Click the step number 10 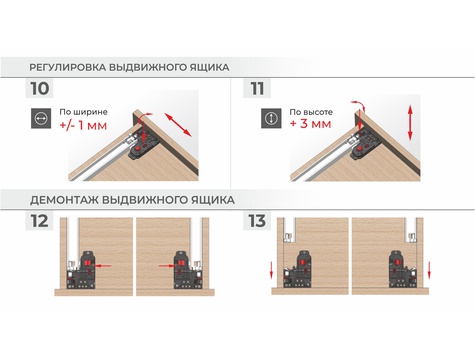pos(40,88)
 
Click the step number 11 pos(257,88)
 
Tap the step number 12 pos(40,221)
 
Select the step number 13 pos(257,221)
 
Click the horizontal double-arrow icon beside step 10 pos(41,118)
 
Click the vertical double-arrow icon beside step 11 pos(271,118)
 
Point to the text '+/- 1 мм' pos(83,126)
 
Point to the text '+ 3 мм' pos(311,124)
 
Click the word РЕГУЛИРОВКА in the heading pos(68,67)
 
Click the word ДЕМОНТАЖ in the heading pos(64,200)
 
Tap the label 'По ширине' pos(83,112)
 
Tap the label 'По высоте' pos(311,112)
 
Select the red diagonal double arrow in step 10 pos(178,125)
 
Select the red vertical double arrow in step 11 pos(410,122)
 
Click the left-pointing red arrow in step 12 pos(103,266)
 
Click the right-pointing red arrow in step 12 pos(167,266)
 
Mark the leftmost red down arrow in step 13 pos(271,270)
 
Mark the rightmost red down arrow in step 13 pos(429,270)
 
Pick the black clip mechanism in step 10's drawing pos(143,146)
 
